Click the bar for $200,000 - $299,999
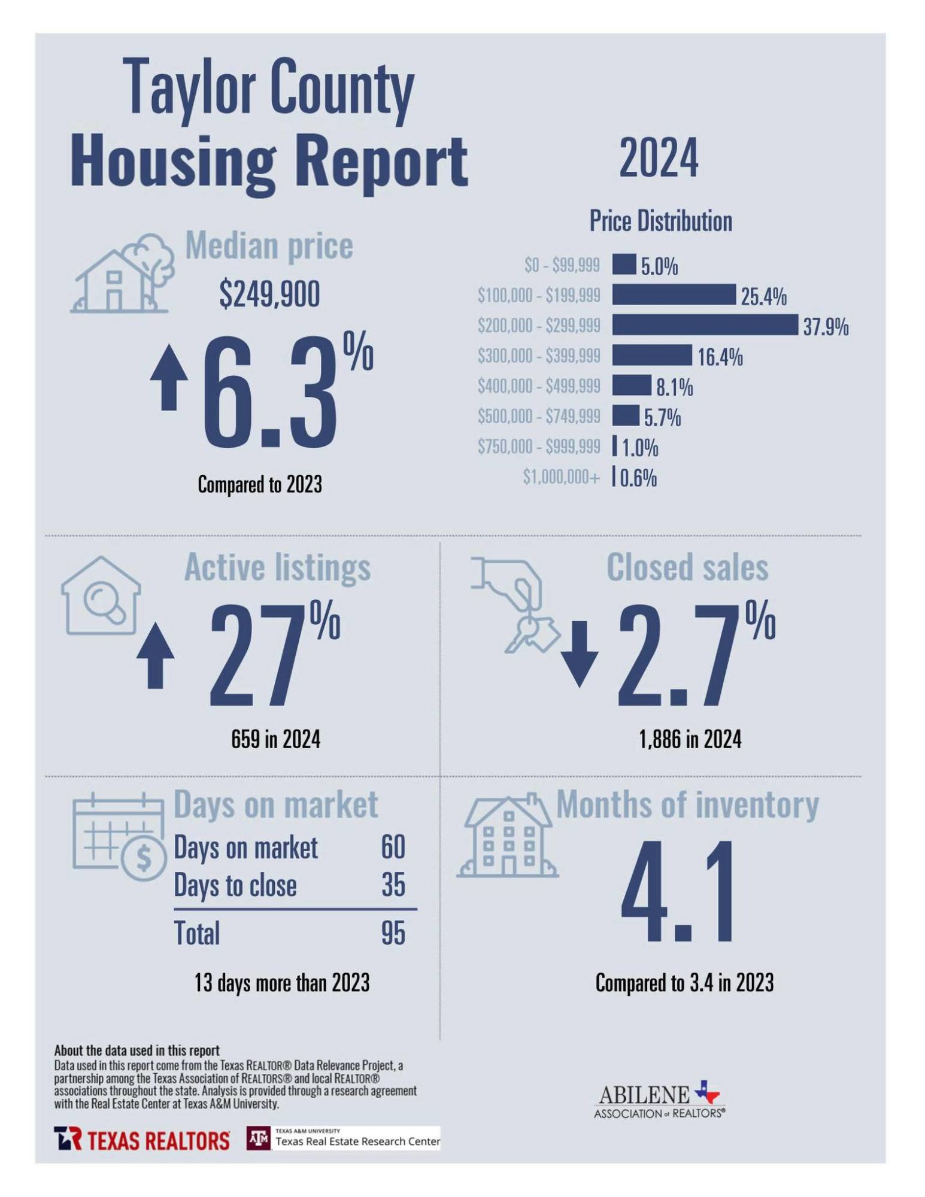[x=705, y=324]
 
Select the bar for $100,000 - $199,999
[x=674, y=294]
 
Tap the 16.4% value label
[x=720, y=357]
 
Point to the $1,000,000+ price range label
[x=561, y=477]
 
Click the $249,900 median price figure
[x=269, y=294]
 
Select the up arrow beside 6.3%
[x=169, y=377]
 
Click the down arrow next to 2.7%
[x=580, y=654]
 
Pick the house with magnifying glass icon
[x=101, y=596]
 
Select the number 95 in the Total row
[x=393, y=932]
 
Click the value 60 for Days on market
[x=393, y=847]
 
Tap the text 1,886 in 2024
[x=690, y=739]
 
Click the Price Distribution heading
[x=660, y=221]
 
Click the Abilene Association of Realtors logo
[x=659, y=1101]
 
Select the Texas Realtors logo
[x=142, y=1140]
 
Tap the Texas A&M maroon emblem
[x=259, y=1138]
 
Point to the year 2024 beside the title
[x=658, y=158]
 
